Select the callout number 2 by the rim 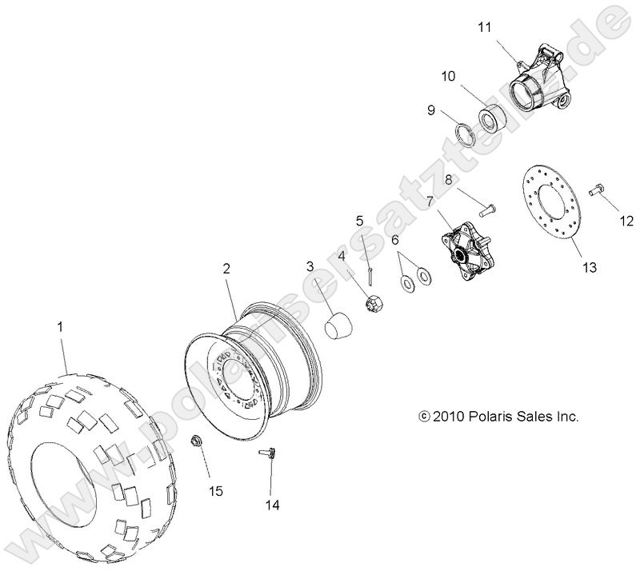tap(226, 270)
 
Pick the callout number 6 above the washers tap(395, 238)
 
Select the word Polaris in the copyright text tap(494, 416)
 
